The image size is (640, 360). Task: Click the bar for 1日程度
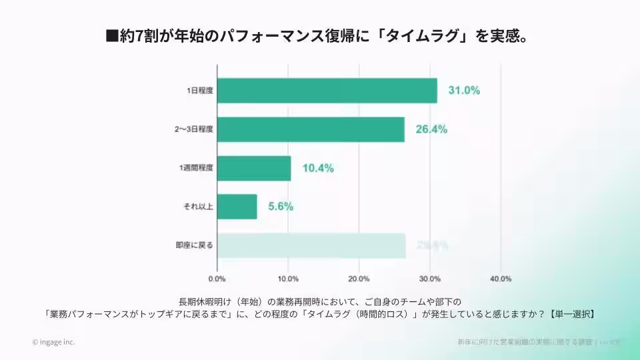point(327,91)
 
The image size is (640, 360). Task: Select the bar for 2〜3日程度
point(311,129)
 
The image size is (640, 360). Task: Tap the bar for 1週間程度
point(254,168)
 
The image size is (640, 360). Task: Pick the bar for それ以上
point(237,207)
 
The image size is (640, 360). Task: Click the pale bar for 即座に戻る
point(311,245)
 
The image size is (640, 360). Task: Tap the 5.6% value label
point(281,207)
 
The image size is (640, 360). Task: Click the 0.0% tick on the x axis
point(217,278)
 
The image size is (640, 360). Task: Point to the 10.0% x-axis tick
point(288,278)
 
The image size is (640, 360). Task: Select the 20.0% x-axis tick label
point(359,278)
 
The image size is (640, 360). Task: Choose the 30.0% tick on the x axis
point(430,278)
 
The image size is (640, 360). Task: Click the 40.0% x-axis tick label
point(501,278)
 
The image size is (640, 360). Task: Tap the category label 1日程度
point(199,91)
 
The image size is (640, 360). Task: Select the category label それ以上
point(198,207)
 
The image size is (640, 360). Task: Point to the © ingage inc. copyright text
point(53,342)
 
